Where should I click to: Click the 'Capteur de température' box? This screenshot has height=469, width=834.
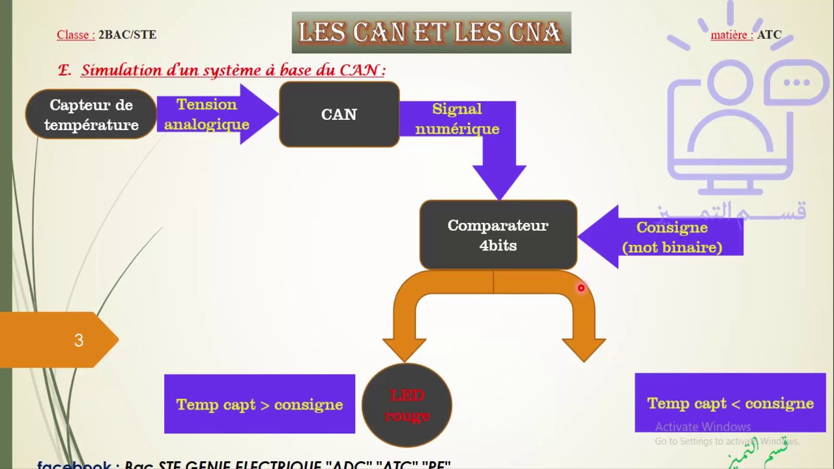91,115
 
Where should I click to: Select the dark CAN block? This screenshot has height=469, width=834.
339,115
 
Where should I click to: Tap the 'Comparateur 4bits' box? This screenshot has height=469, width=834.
498,235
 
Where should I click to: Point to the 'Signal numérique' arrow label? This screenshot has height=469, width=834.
457,119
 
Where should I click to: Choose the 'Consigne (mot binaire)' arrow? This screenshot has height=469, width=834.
671,237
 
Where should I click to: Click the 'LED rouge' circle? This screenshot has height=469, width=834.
407,405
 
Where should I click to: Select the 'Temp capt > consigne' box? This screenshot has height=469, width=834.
259,405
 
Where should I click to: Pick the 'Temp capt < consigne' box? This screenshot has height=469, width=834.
730,403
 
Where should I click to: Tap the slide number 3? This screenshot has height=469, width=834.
79,340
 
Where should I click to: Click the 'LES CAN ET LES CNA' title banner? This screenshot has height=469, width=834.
431,33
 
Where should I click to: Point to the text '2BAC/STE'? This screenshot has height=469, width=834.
127,35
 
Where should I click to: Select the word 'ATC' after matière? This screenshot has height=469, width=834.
769,35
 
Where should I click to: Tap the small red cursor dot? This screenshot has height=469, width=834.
581,288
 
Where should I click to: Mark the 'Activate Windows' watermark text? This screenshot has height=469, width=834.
702,427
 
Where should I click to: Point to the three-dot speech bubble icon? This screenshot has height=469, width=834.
796,83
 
